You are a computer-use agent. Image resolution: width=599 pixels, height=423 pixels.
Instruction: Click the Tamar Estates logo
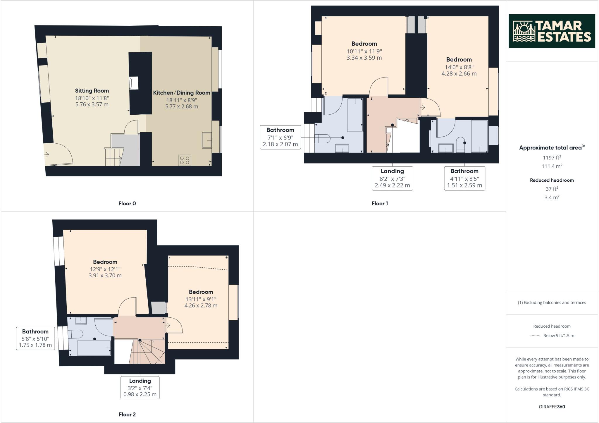[552, 31]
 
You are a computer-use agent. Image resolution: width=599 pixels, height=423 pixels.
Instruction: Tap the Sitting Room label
[92, 91]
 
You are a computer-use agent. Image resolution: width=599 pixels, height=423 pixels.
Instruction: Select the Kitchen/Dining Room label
[182, 93]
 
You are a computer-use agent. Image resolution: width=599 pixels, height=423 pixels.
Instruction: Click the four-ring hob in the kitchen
[185, 160]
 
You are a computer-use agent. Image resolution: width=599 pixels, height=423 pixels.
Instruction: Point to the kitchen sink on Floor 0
[207, 140]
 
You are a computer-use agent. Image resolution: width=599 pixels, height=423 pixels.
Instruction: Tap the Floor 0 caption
[127, 203]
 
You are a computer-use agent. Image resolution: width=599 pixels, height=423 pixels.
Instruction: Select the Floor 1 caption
[380, 203]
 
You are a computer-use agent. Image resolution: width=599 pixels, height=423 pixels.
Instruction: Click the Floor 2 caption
[127, 414]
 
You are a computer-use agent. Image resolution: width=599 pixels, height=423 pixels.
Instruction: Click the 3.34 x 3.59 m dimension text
[364, 58]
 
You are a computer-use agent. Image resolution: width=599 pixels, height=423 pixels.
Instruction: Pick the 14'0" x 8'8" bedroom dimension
[459, 67]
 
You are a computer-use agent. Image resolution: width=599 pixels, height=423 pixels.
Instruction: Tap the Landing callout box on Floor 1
[392, 178]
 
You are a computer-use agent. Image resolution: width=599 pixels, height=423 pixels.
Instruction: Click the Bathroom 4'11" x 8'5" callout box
[464, 178]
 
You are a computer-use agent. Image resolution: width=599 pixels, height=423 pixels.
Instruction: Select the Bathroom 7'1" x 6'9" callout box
[280, 137]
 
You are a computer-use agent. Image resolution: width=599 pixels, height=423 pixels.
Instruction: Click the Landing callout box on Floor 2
[140, 387]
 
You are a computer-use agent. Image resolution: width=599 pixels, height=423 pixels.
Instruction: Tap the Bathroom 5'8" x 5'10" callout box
[35, 338]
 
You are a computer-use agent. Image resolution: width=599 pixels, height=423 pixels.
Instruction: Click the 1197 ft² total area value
[552, 158]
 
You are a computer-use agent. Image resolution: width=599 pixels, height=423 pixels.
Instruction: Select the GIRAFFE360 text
[552, 407]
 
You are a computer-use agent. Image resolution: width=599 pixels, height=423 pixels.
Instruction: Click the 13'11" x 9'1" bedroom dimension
[201, 299]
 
